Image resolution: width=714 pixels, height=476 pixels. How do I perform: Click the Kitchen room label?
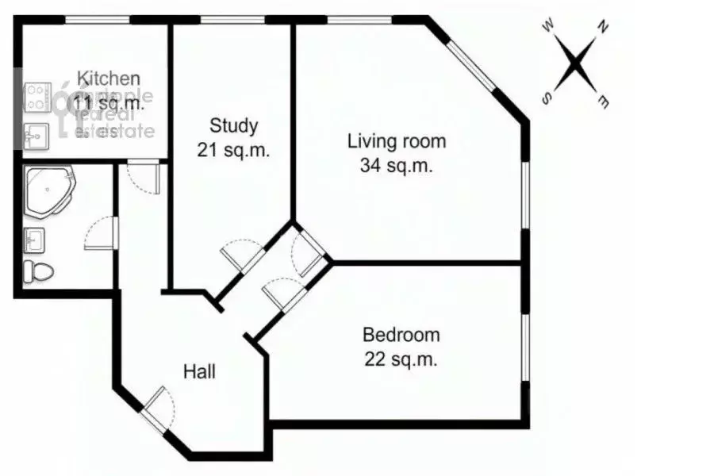tap(109, 79)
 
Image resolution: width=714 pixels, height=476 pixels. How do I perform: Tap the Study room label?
tap(233, 125)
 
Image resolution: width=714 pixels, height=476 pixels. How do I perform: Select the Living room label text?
tap(397, 142)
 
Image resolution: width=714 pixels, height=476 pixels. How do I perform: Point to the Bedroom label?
tap(401, 335)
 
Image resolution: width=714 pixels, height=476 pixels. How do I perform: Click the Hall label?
tap(199, 370)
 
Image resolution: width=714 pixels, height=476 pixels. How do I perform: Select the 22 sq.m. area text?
tap(401, 359)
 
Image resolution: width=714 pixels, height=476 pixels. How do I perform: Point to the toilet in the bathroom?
tap(37, 271)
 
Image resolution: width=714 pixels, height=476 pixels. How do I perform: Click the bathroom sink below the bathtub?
tap(34, 238)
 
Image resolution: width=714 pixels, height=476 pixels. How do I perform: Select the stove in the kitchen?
tap(36, 100)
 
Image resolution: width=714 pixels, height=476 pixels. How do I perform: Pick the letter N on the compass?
tap(603, 28)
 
